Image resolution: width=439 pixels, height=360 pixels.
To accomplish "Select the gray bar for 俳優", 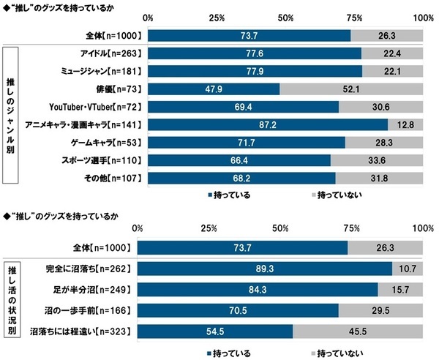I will tap(351, 89).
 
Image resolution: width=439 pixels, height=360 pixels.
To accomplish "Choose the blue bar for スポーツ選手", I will tap(239, 160).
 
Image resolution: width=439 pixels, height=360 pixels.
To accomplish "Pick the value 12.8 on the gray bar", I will tap(406, 124).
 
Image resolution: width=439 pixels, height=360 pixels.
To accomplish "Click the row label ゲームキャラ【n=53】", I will tap(106, 142).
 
